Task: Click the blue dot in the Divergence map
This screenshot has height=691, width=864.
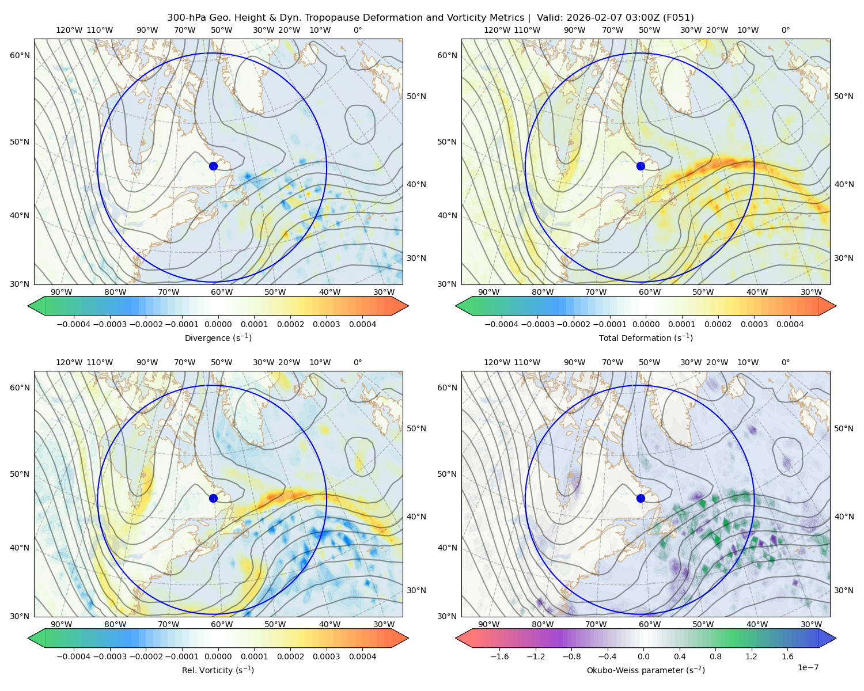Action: pos(213,166)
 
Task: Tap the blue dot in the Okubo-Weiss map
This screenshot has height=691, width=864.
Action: pos(641,498)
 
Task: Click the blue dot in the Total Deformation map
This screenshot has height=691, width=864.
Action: pos(641,166)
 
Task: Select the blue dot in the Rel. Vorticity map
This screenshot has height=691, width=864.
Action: pos(213,498)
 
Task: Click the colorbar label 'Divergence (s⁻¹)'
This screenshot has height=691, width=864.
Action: pos(218,337)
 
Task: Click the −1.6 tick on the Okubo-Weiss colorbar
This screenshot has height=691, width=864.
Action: pos(499,656)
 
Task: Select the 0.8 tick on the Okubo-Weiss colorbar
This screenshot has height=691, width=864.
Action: pos(715,656)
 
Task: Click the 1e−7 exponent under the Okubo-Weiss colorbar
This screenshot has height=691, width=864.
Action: pos(808,667)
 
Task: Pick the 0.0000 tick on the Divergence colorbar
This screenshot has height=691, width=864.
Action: pos(218,324)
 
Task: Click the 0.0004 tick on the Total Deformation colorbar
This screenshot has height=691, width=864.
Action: pos(790,324)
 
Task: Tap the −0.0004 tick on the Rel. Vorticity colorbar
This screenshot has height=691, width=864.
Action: pos(74,656)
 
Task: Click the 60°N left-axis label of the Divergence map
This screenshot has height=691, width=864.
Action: pos(20,55)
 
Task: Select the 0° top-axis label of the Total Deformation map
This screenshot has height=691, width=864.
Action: pos(785,30)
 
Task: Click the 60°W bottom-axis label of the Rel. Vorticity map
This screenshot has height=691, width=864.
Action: pos(222,624)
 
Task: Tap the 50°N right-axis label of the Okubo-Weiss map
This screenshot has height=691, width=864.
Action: pos(843,428)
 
